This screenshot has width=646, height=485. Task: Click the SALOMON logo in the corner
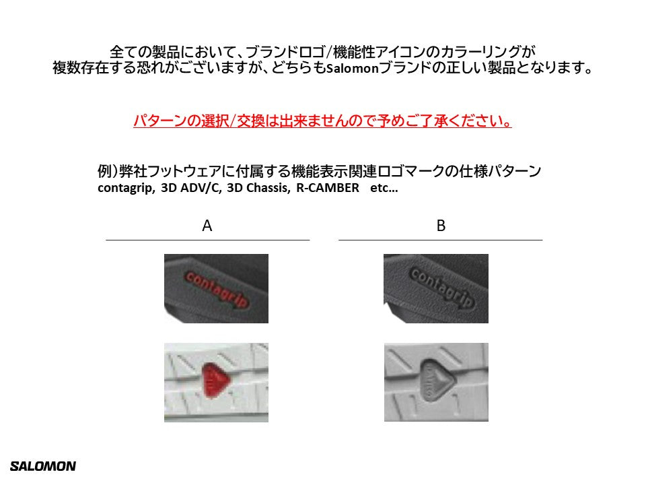point(43,466)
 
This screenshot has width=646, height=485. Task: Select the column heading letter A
point(207,226)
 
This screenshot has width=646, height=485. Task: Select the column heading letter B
point(441,226)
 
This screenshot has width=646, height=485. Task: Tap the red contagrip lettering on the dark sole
point(217,290)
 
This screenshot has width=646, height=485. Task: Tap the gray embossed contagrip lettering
point(441,288)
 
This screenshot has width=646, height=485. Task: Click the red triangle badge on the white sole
point(215,380)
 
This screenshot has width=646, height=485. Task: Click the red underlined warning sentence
point(322,121)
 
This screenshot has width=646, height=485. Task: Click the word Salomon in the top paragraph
point(352,68)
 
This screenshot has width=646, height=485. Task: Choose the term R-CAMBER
point(328,188)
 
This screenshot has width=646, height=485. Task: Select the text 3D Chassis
point(258,188)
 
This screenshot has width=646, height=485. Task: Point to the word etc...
point(384,188)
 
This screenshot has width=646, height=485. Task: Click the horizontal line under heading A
point(208,240)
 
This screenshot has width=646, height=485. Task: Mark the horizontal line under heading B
point(440,240)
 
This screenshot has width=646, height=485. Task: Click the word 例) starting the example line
point(108,170)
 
